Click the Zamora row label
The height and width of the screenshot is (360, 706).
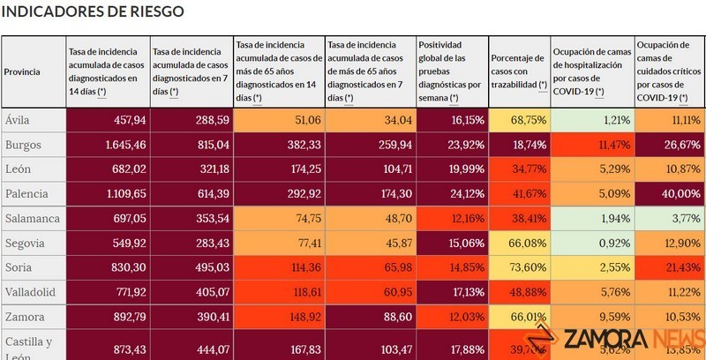(x=24, y=315)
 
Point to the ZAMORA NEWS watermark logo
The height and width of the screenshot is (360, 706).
(x=619, y=339)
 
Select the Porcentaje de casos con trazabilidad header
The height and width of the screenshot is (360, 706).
(x=518, y=71)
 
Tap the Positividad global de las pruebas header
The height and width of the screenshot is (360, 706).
(x=450, y=71)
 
